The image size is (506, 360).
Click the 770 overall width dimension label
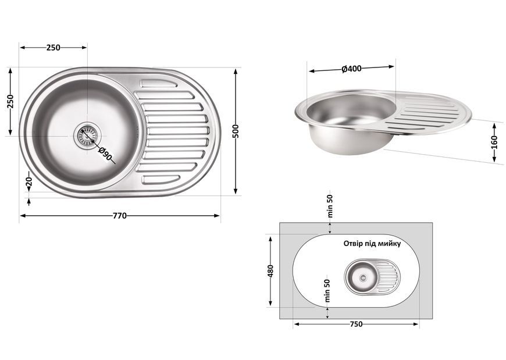point(120,216)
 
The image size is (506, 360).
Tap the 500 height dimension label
point(236,131)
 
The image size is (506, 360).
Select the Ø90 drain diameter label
point(105,154)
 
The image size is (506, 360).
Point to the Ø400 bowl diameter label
point(351,69)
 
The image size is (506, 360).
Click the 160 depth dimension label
point(494,142)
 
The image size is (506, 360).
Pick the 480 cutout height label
point(270,271)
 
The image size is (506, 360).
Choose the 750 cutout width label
point(356,324)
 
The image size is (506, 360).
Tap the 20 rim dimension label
point(28,182)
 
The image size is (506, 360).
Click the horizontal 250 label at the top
point(54,48)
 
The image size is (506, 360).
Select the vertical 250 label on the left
point(10,101)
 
